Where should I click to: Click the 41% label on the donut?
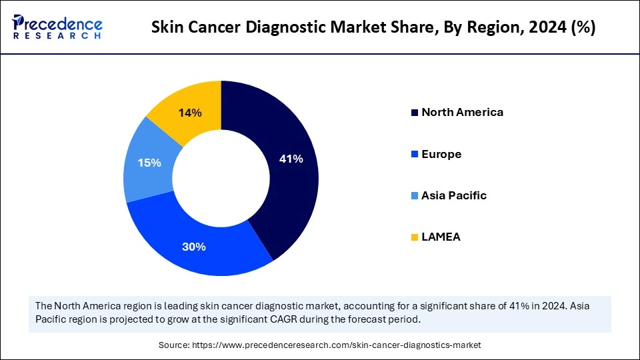[291, 159]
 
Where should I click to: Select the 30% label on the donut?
[194, 247]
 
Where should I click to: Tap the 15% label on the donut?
[149, 162]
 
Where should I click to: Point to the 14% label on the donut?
[189, 113]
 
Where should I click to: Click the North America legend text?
[462, 112]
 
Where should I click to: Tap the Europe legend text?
[441, 154]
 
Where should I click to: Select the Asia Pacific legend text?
[454, 195]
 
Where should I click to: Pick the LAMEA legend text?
[441, 237]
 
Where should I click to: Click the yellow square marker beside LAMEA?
[415, 237]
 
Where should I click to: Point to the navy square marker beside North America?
[415, 113]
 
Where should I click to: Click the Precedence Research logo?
[56, 27]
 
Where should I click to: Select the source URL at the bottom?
[336, 345]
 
